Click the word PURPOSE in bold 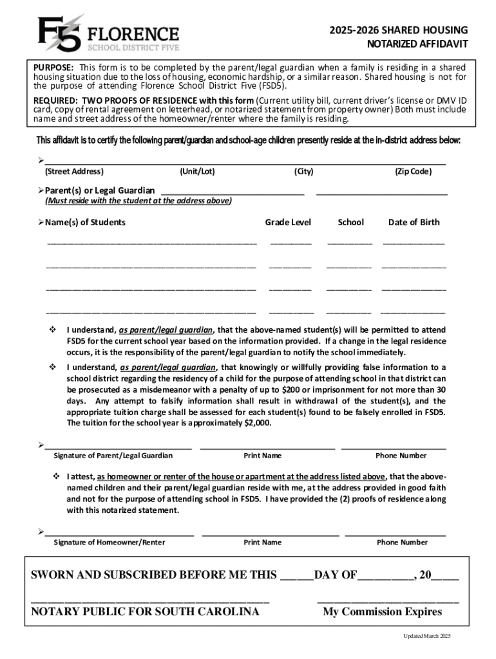(x=53, y=68)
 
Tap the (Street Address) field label (x=73, y=172)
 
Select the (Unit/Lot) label (x=198, y=172)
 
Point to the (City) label (x=303, y=172)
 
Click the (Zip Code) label (x=413, y=172)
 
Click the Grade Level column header (x=288, y=223)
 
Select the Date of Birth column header (x=414, y=223)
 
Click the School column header (x=350, y=223)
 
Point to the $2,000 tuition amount (x=256, y=423)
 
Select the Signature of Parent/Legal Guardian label (x=113, y=456)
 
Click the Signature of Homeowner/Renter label (x=109, y=543)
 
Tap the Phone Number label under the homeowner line (x=402, y=543)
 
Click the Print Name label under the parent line (x=262, y=456)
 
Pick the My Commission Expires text (x=382, y=611)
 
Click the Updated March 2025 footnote (x=427, y=636)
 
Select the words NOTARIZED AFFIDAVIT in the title (x=417, y=44)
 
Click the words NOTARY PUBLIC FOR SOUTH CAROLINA (x=145, y=611)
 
